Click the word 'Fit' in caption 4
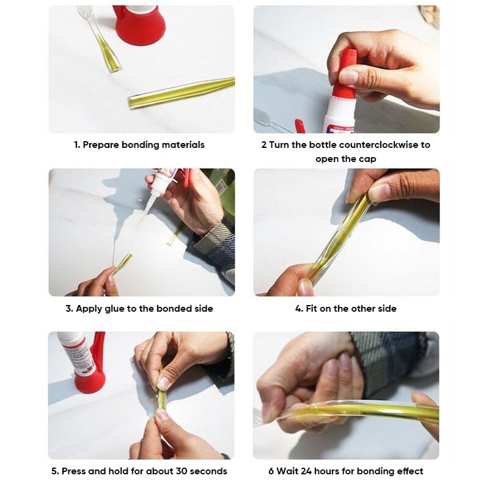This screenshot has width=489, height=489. [x=312, y=309]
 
